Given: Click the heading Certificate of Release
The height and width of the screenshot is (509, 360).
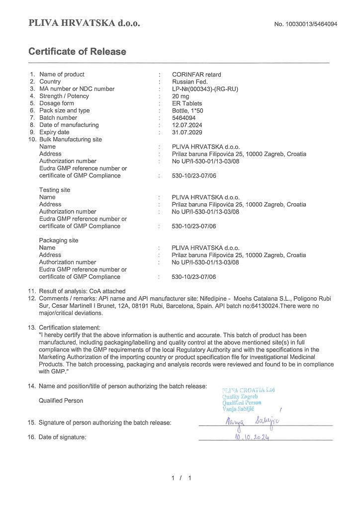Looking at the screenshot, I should [x=77, y=52].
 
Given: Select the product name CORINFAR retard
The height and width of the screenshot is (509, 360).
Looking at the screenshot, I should [x=196, y=75].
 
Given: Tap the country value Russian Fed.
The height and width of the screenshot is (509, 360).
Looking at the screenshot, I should [x=189, y=82].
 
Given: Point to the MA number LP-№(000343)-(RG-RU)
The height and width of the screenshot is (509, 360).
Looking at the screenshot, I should [x=205, y=89].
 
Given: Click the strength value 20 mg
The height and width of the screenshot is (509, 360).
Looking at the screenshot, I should [x=181, y=96].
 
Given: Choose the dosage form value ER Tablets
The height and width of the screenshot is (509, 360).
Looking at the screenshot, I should [x=187, y=103].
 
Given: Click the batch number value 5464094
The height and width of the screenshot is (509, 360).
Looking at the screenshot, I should [x=184, y=118].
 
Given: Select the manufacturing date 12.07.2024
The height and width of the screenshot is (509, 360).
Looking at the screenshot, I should [x=187, y=125].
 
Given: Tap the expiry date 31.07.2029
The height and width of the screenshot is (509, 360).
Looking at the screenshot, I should [x=187, y=132].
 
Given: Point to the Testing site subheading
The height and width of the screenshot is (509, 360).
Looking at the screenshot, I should [x=55, y=190].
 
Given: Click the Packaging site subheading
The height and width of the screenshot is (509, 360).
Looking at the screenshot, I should [x=59, y=241].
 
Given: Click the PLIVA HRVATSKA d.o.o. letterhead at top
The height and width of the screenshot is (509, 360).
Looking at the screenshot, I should [x=84, y=23].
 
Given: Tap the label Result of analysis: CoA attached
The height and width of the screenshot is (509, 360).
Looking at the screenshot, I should [x=82, y=291].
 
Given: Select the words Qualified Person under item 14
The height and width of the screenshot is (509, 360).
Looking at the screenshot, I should [x=61, y=401].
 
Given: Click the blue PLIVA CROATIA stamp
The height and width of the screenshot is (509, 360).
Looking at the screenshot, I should [x=248, y=399].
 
